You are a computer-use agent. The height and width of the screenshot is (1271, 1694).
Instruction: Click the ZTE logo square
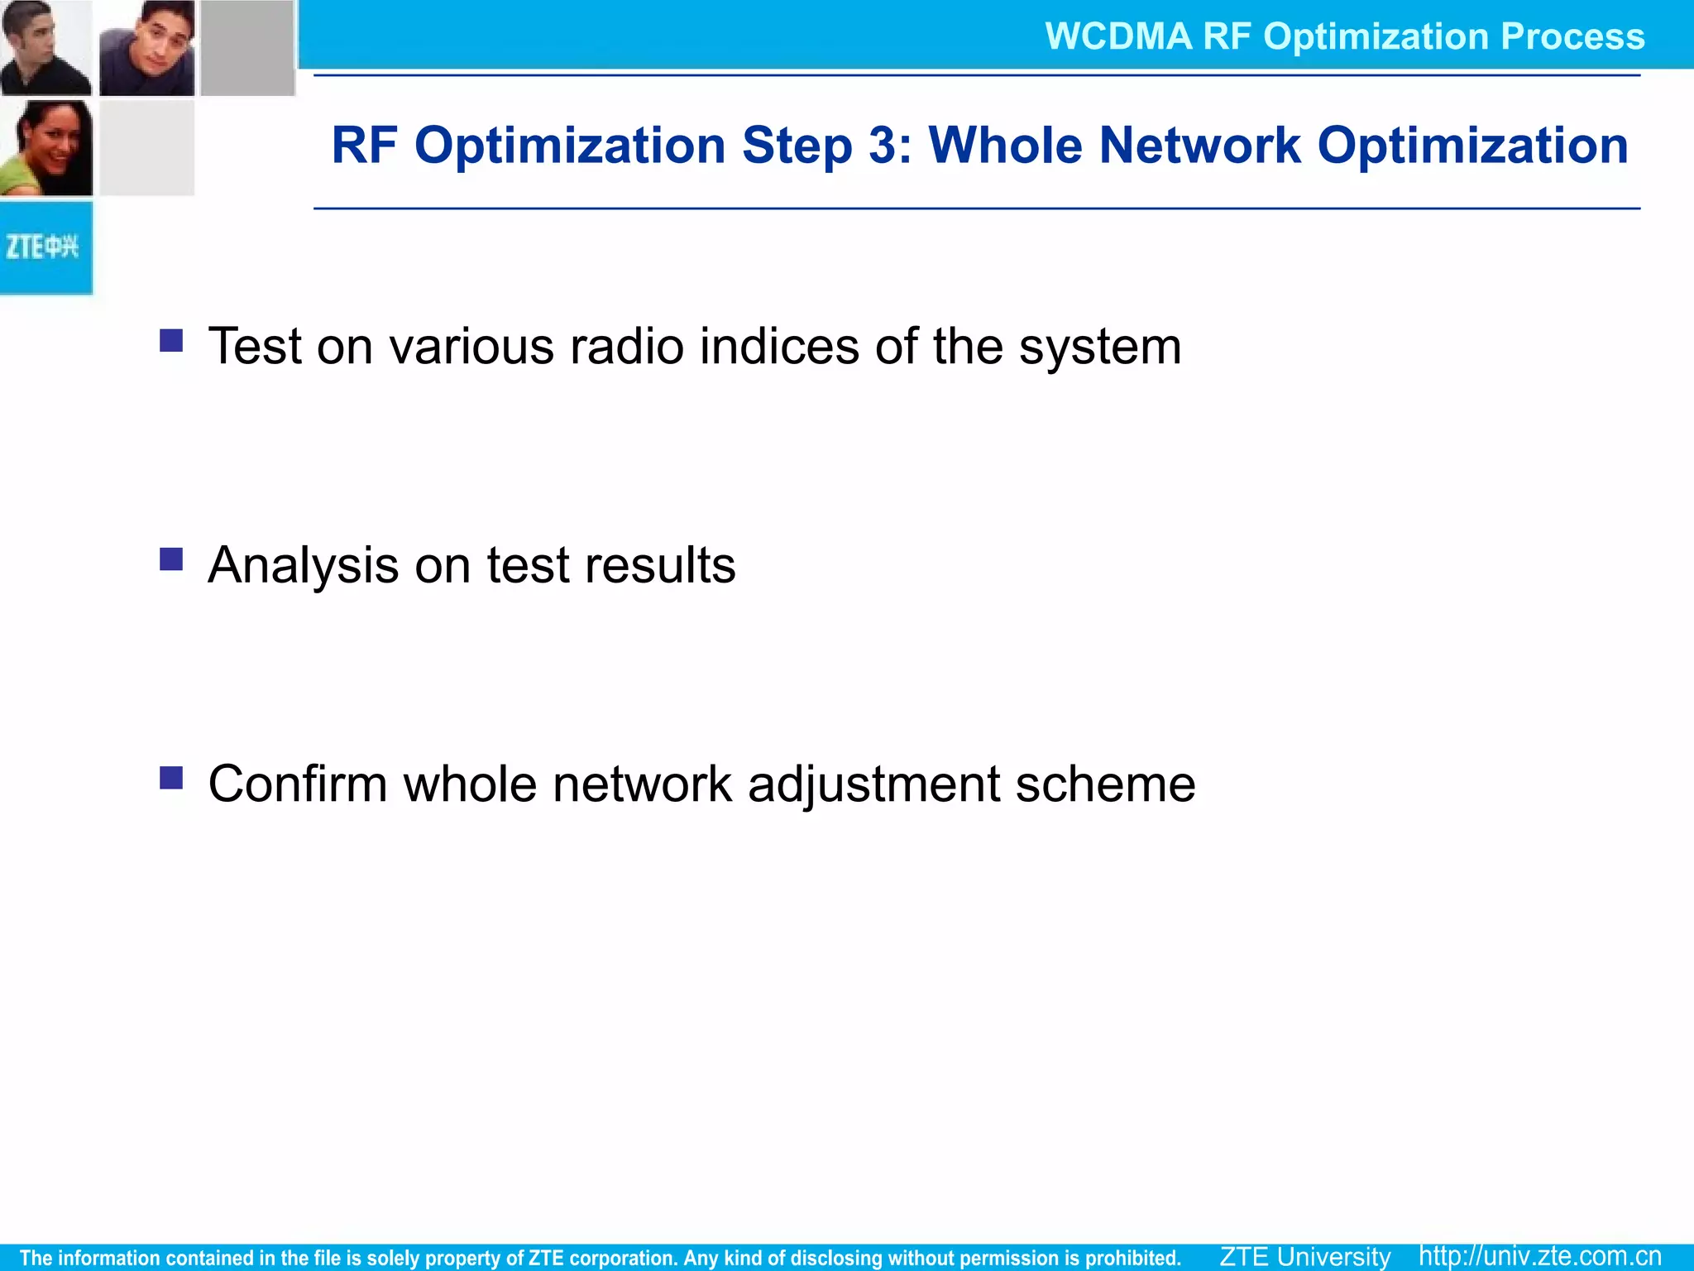coord(45,247)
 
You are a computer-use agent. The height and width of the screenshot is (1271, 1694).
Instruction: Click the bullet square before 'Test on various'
coord(171,340)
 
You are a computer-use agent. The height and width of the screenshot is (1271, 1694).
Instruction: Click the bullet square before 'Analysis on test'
coord(171,559)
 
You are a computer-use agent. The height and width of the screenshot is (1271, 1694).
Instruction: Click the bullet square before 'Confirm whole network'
coord(171,778)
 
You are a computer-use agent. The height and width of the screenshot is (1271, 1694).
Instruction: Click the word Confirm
coord(297,784)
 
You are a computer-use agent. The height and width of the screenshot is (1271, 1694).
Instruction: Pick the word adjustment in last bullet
coord(873,785)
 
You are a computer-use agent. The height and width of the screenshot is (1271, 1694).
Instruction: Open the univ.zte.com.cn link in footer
coord(1540,1256)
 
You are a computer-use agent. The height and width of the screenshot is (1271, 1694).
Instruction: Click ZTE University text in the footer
coord(1305,1256)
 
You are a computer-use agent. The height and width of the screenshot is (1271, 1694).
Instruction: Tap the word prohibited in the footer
coord(1134,1258)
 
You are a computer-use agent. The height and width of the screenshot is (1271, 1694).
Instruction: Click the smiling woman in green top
coord(45,149)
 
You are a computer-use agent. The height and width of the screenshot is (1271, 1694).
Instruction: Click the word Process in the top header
coord(1572,36)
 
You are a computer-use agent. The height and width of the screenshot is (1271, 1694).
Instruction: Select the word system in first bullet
coord(1099,348)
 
